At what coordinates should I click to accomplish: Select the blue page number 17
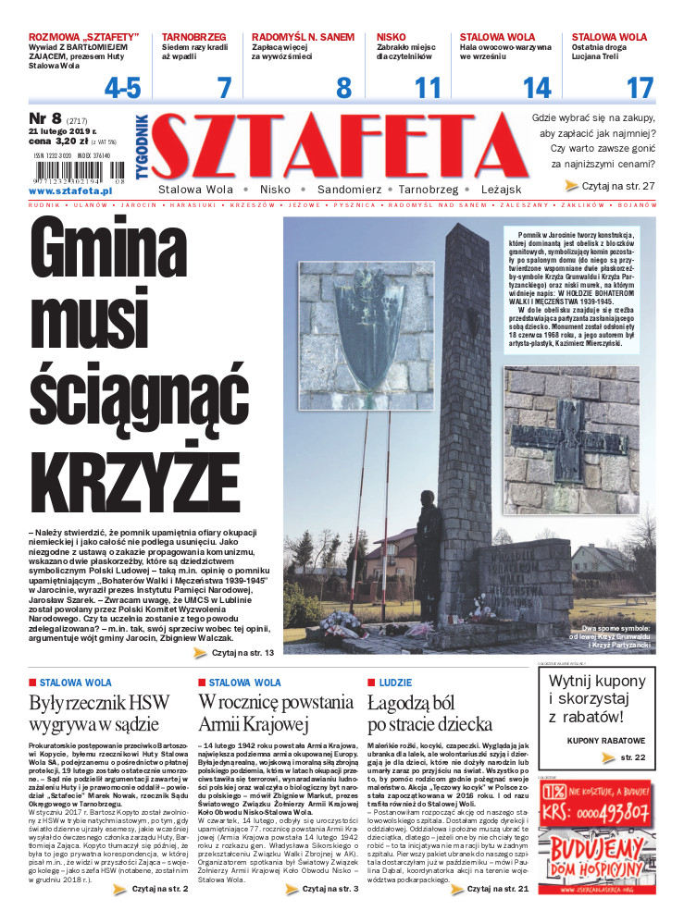(640, 88)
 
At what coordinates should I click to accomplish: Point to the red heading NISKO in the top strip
(392, 37)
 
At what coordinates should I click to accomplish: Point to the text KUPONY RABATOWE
(605, 741)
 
